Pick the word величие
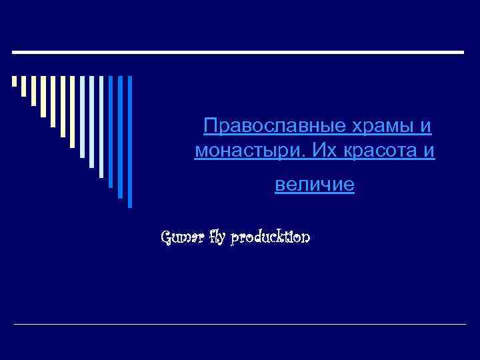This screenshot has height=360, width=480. pos(315,185)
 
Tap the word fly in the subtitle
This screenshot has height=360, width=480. pos(217,237)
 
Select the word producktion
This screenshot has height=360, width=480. pos(270,237)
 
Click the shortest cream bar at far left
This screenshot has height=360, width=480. pos(14,82)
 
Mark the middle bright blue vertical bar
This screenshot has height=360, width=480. pos(121,137)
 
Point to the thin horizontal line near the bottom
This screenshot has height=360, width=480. pos(240,324)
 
